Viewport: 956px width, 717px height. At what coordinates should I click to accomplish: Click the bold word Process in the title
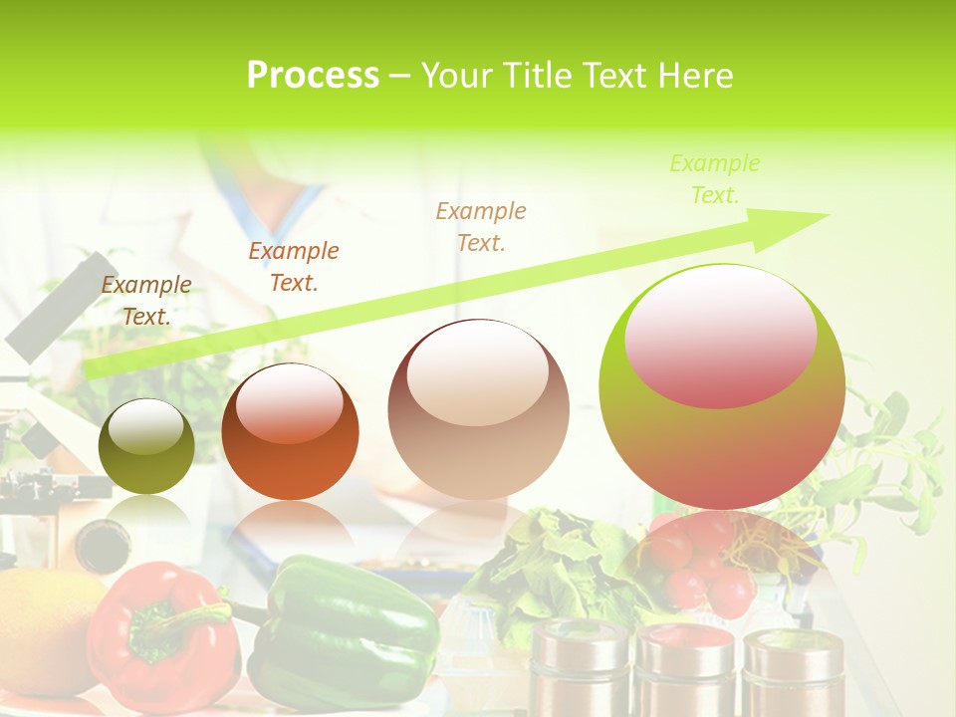[x=313, y=75]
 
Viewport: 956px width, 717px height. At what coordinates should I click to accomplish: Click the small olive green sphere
[x=146, y=446]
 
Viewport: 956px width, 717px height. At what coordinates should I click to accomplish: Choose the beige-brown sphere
[x=478, y=409]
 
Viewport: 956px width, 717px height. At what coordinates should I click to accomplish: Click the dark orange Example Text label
[x=294, y=267]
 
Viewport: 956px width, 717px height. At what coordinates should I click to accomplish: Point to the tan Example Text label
[x=481, y=226]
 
